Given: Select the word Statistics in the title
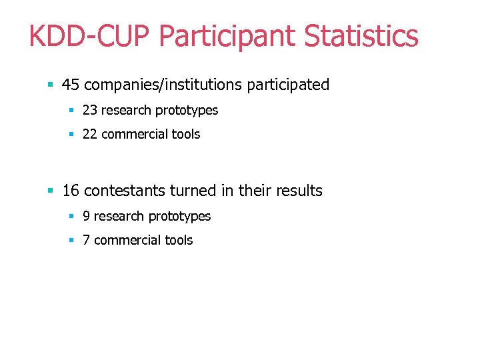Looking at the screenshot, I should click(x=361, y=36).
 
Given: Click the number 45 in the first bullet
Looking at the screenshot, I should click(x=71, y=85).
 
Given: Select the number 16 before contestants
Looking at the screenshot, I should click(x=71, y=191).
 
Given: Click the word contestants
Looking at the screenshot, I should click(x=125, y=191).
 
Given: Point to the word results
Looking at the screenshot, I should click(x=298, y=191).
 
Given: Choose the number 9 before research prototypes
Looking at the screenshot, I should click(x=86, y=216).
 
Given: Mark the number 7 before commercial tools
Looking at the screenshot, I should click(x=86, y=240).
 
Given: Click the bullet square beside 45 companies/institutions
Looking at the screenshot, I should click(x=50, y=85).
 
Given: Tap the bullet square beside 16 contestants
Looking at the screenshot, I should click(x=50, y=191).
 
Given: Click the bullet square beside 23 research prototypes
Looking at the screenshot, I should click(x=71, y=111).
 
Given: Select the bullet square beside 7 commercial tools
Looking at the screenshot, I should click(x=71, y=241).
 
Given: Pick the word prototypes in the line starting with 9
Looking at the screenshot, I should click(x=179, y=216).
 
